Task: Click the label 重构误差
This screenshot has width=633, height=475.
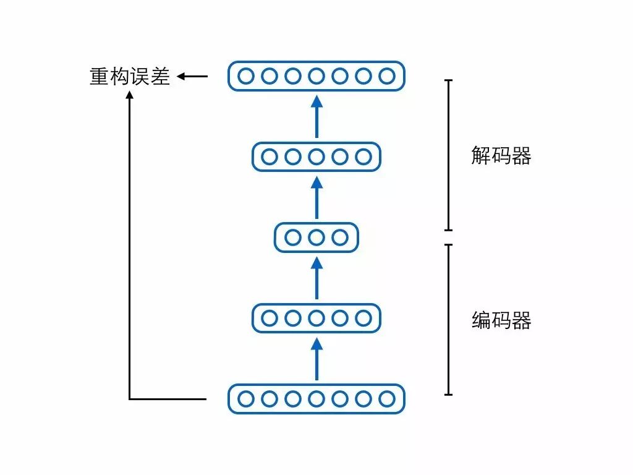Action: [x=130, y=77]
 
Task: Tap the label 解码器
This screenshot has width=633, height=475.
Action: [x=501, y=156]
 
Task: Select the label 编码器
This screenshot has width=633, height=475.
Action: [x=501, y=320]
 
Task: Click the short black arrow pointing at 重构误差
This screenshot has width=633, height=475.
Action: [x=192, y=77]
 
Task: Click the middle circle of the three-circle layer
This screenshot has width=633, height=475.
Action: [x=316, y=237]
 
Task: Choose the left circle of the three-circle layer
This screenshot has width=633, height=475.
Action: [x=293, y=237]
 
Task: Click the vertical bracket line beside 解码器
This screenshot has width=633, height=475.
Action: [x=449, y=155]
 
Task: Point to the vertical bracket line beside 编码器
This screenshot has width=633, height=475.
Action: [x=449, y=319]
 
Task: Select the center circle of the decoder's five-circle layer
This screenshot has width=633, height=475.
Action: [x=316, y=156]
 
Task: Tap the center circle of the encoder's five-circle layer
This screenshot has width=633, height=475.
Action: [x=316, y=319]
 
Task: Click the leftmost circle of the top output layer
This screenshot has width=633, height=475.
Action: [x=246, y=76]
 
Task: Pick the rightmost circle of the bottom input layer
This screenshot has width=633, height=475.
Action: [x=387, y=399]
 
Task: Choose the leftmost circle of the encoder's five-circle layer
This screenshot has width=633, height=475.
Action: [x=270, y=319]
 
